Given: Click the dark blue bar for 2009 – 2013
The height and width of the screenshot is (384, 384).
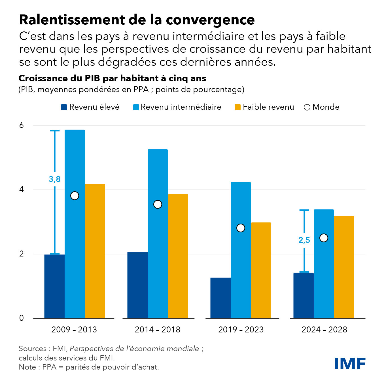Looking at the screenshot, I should (54, 286).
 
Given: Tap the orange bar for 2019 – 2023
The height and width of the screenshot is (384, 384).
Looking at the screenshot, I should (261, 270).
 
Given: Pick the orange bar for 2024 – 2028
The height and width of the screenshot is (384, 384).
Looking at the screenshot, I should (344, 267).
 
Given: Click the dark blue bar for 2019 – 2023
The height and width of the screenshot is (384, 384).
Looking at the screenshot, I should (220, 298).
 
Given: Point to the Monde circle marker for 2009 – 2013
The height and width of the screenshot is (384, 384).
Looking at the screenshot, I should (75, 196).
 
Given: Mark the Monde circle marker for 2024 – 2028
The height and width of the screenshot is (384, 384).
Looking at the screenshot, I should (324, 238).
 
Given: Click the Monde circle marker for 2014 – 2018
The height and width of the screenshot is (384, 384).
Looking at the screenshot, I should (158, 204).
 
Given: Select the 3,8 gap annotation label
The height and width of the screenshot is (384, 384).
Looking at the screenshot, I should (54, 179).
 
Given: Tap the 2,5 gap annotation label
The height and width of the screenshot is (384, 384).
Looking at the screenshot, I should (304, 240).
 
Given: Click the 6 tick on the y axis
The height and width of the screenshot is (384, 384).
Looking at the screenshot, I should (22, 125).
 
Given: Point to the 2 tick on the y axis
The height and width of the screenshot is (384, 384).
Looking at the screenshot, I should (22, 254).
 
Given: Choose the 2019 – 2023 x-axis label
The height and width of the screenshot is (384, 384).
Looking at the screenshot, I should (241, 330).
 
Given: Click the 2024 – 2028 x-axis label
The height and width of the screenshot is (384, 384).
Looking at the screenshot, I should (324, 330).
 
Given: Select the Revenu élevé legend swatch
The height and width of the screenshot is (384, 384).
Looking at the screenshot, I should (64, 107).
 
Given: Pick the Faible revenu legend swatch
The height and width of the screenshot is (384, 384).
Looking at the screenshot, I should (237, 107).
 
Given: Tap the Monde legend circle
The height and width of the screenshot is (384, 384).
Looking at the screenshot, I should (307, 107).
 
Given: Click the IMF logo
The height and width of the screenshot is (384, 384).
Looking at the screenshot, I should (350, 363).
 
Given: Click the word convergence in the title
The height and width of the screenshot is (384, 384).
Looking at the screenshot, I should (210, 20).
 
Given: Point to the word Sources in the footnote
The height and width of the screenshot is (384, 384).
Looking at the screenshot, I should (33, 349).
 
